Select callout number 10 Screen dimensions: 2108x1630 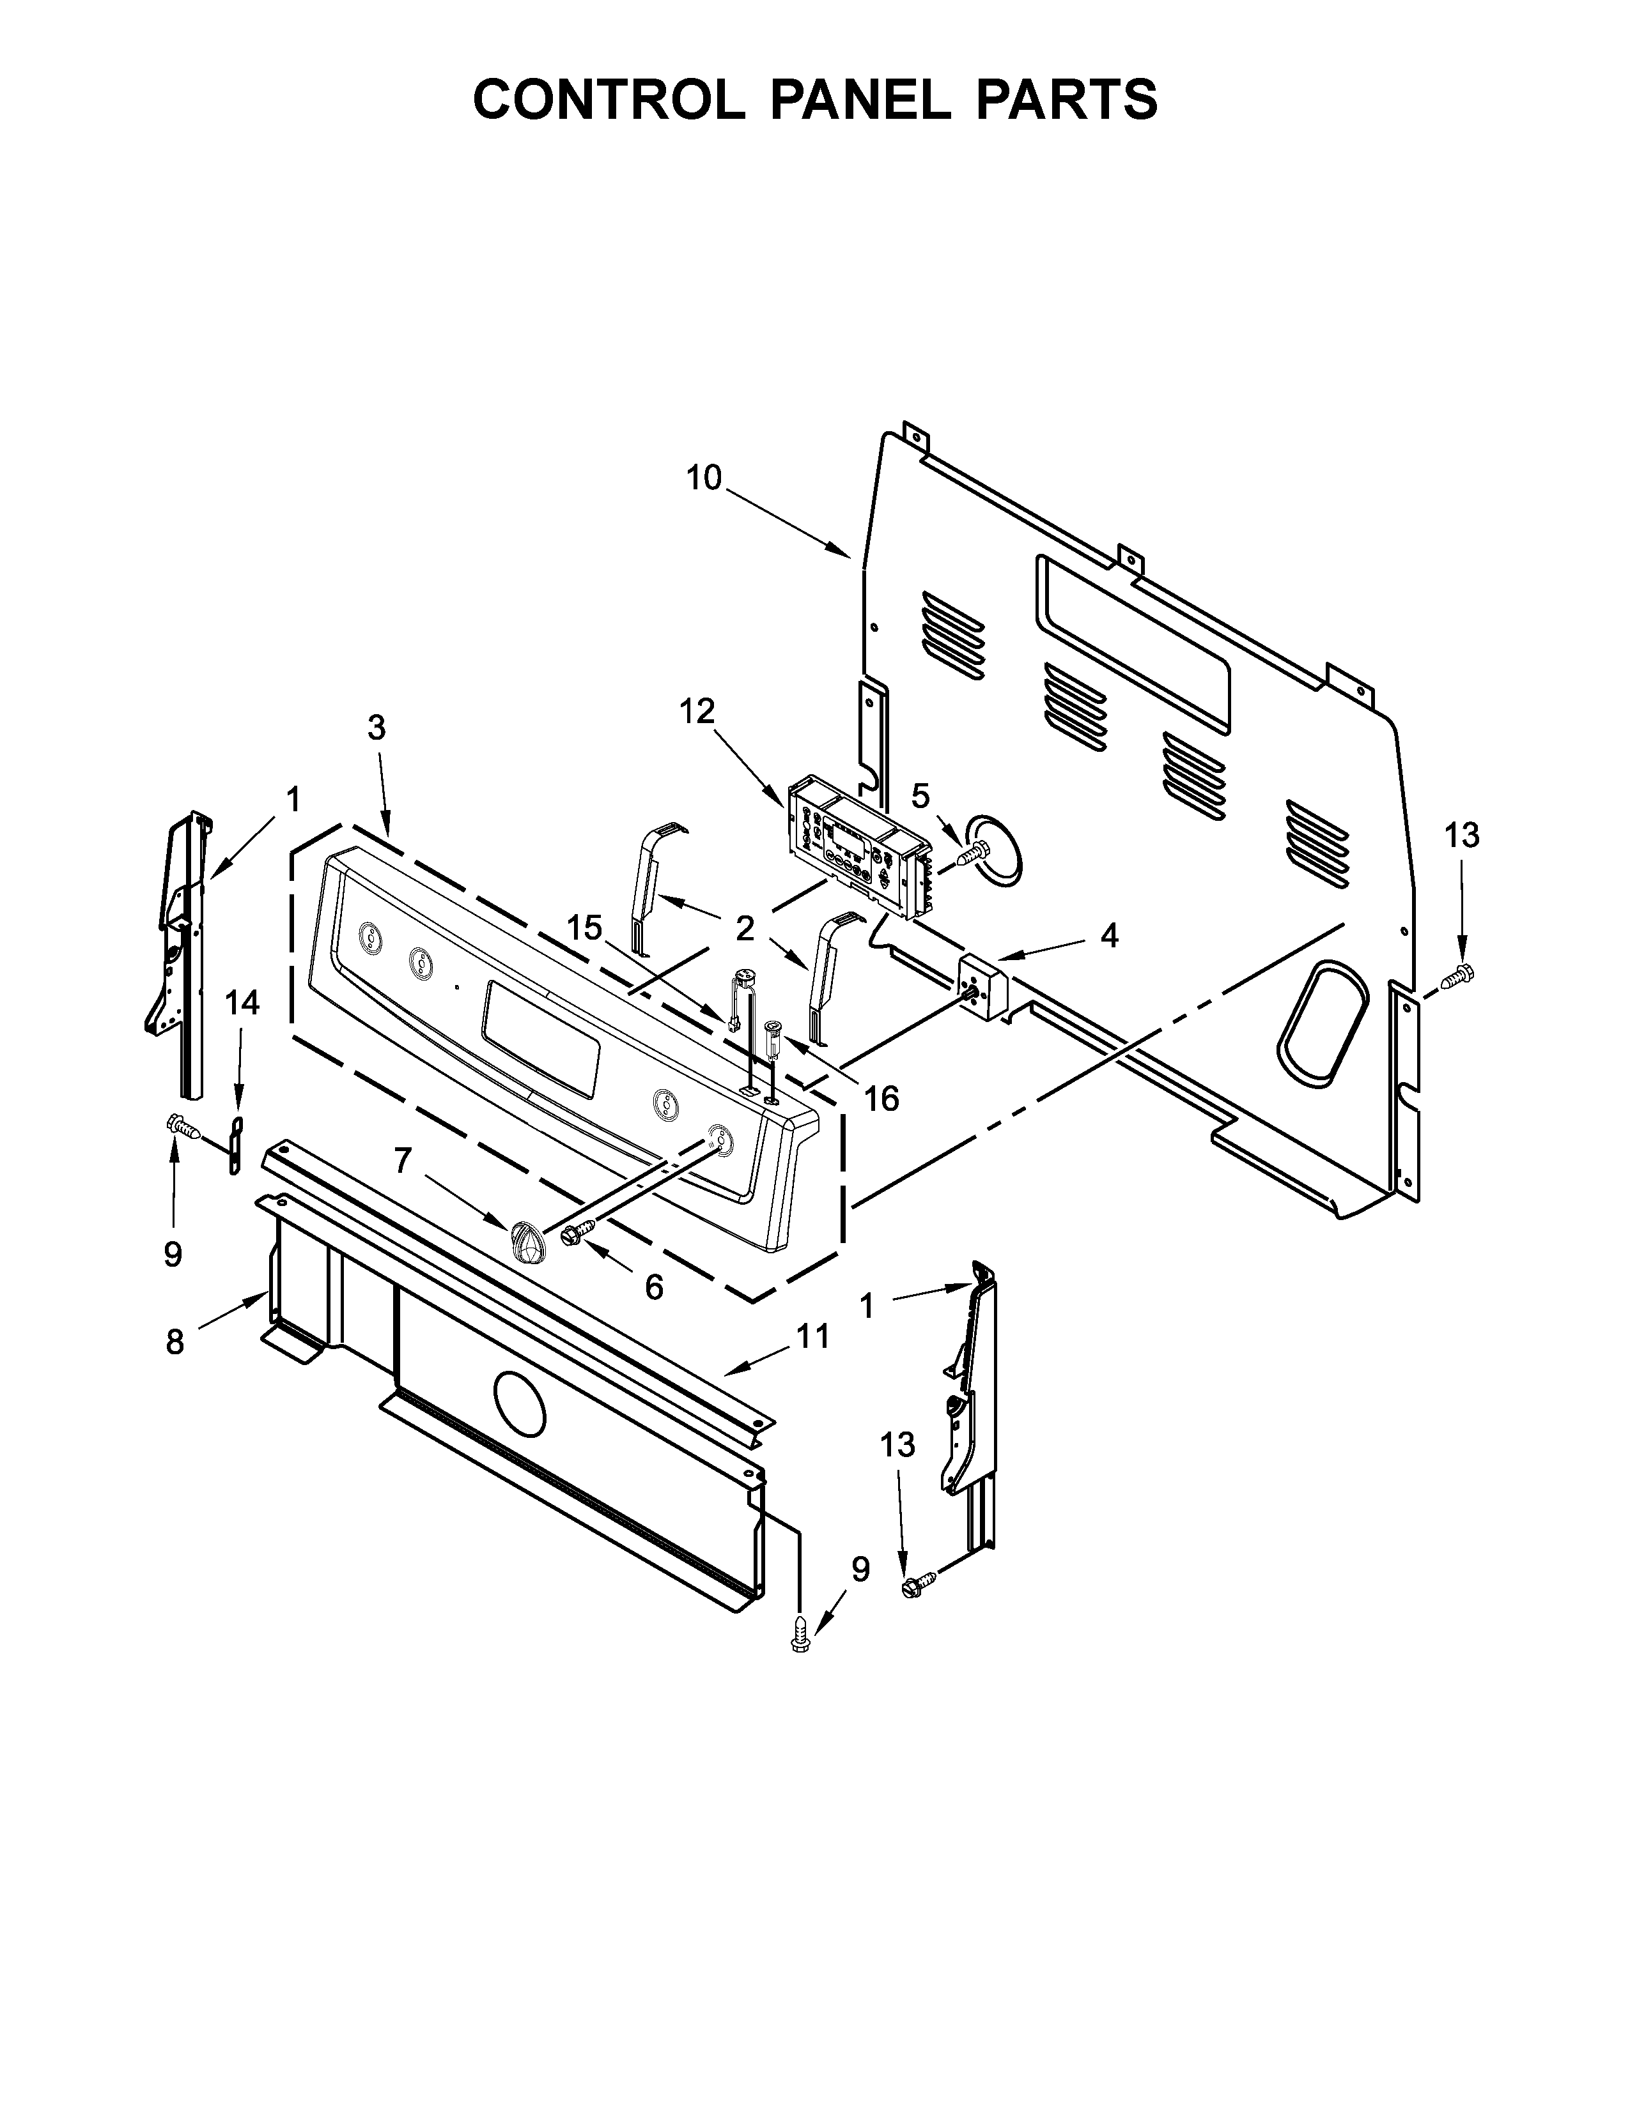(704, 478)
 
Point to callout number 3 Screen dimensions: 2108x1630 (376, 728)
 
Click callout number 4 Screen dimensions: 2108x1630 (1110, 935)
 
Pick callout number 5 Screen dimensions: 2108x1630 (920, 797)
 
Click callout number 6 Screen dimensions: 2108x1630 (654, 1287)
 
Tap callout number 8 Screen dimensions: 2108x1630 (175, 1341)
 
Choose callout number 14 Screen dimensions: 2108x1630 (242, 1004)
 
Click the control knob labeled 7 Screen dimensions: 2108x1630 (526, 1239)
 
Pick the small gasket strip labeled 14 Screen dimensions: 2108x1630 (236, 1147)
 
